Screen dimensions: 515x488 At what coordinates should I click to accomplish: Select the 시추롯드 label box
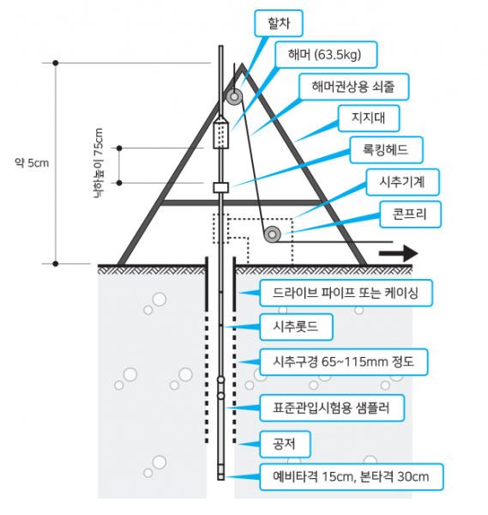click(x=296, y=327)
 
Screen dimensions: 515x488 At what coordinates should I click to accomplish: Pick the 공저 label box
click(x=284, y=445)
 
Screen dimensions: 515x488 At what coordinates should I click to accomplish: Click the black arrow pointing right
click(x=398, y=253)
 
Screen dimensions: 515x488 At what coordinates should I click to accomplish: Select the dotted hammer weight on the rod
click(x=220, y=135)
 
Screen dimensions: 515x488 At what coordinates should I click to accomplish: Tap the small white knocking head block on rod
click(x=220, y=186)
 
